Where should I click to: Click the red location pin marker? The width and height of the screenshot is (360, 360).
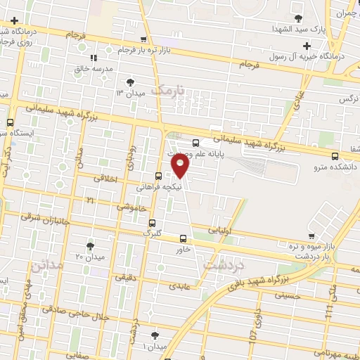click(x=181, y=167)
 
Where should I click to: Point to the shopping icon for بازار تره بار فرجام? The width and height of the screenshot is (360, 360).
click(x=143, y=40)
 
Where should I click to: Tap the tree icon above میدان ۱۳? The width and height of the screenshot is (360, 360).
click(x=129, y=83)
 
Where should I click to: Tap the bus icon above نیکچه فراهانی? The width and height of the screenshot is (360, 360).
click(x=158, y=176)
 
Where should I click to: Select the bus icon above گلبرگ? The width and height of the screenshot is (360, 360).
click(x=151, y=222)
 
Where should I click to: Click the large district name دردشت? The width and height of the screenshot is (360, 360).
click(x=223, y=266)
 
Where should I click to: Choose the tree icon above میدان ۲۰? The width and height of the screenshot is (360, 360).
click(x=90, y=245)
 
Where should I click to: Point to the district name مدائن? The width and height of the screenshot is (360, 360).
click(x=47, y=265)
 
